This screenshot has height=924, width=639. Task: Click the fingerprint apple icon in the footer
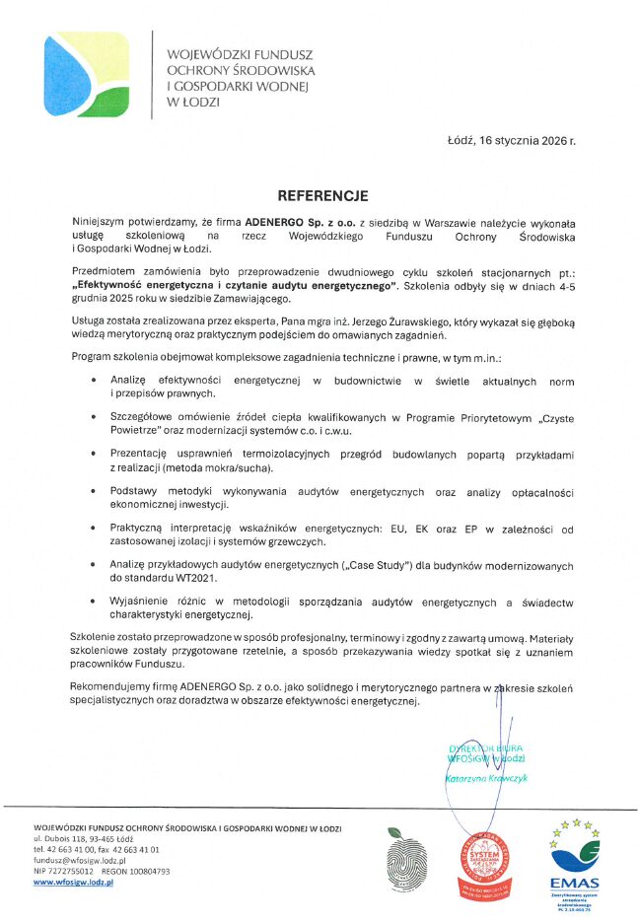point(406,856)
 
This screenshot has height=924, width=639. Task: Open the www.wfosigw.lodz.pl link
point(74,883)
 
